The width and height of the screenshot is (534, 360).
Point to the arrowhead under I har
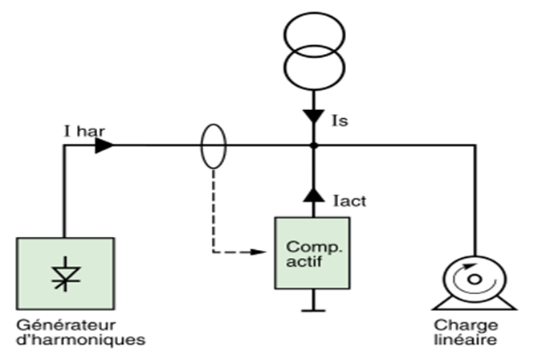(x=104, y=145)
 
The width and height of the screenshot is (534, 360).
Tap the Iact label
(x=351, y=200)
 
